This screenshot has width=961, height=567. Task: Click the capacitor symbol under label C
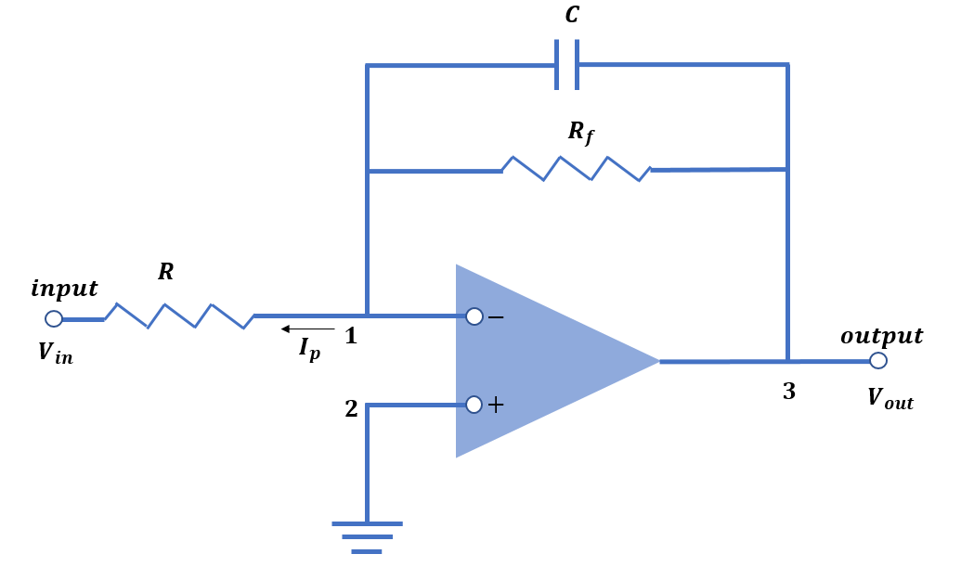pyautogui.click(x=567, y=65)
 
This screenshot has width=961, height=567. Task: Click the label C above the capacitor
pyautogui.click(x=572, y=16)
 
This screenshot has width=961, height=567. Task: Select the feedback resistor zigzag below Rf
pyautogui.click(x=576, y=169)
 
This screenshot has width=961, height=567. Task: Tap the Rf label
pyautogui.click(x=580, y=133)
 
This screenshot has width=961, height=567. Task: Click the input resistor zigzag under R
pyautogui.click(x=179, y=316)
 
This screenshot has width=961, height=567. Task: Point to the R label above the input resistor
pyautogui.click(x=165, y=272)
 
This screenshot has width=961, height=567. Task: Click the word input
pyautogui.click(x=64, y=289)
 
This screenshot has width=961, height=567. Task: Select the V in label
pyautogui.click(x=55, y=354)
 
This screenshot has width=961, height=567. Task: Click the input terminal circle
pyautogui.click(x=54, y=319)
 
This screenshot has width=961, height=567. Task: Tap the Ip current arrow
pyautogui.click(x=308, y=329)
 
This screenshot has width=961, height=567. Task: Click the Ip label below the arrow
pyautogui.click(x=309, y=349)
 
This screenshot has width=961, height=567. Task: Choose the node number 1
pyautogui.click(x=351, y=337)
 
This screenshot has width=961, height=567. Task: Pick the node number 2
pyautogui.click(x=351, y=409)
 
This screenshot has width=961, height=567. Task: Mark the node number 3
pyautogui.click(x=788, y=392)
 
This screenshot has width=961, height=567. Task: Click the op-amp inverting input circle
pyautogui.click(x=474, y=316)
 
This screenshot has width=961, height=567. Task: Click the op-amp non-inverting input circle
pyautogui.click(x=474, y=405)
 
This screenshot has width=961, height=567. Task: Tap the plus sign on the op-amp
pyautogui.click(x=496, y=405)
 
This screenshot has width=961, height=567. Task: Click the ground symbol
pyautogui.click(x=367, y=536)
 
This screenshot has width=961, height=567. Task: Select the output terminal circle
pyautogui.click(x=878, y=361)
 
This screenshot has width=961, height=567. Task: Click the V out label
pyautogui.click(x=890, y=398)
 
